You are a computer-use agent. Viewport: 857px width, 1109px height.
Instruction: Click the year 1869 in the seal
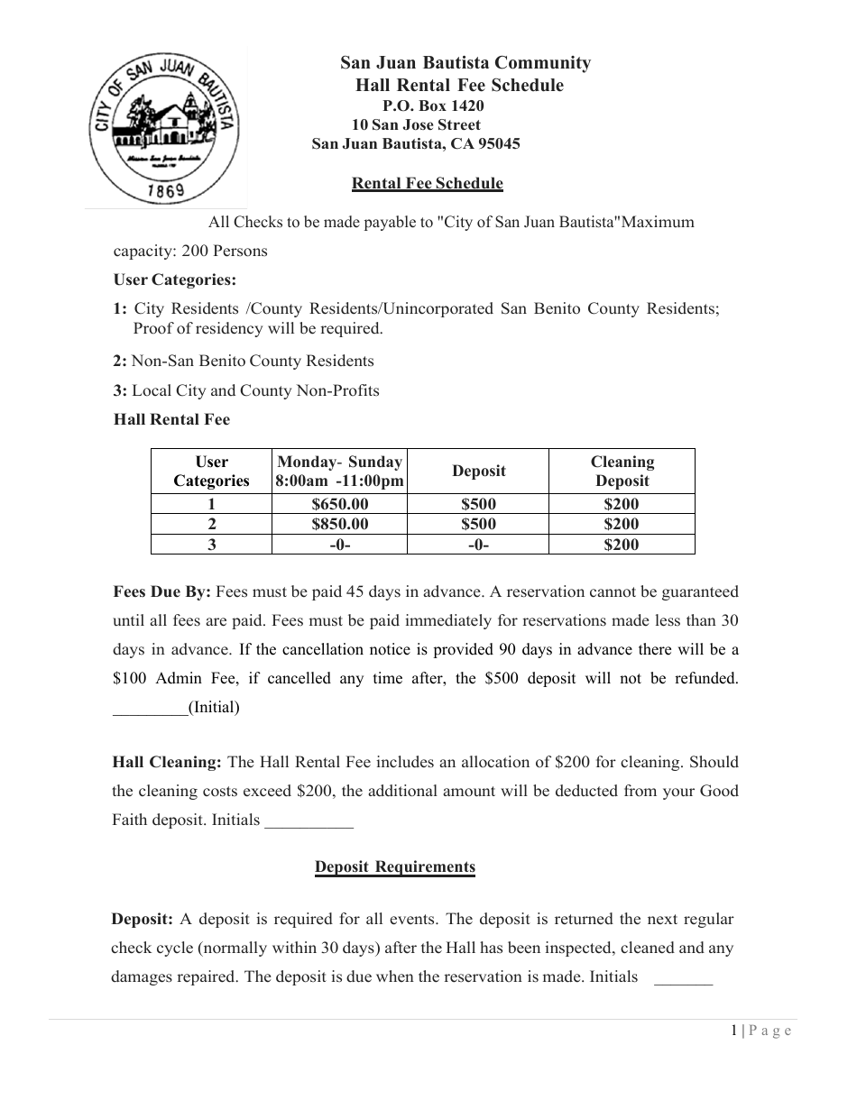[165, 190]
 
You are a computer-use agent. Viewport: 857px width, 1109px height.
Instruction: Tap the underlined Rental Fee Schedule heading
[427, 184]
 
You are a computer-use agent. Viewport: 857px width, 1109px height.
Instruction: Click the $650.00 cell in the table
[339, 505]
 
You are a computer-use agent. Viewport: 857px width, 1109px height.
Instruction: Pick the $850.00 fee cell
[339, 524]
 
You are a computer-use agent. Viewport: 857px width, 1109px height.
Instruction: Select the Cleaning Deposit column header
[622, 472]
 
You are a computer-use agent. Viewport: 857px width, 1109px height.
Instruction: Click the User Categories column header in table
[211, 472]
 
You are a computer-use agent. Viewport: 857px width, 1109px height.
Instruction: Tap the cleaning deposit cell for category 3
[622, 544]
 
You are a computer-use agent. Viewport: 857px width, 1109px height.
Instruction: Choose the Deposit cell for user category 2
[478, 524]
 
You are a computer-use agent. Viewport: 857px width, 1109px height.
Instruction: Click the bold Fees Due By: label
[161, 592]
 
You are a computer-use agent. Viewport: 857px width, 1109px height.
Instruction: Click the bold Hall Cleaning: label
[166, 762]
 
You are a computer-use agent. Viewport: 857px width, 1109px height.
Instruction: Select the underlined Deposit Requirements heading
[394, 867]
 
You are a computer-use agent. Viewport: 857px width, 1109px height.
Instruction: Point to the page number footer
[761, 1031]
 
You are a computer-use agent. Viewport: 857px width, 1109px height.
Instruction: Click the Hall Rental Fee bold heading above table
[171, 419]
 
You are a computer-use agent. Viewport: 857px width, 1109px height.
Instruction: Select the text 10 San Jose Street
[416, 124]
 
